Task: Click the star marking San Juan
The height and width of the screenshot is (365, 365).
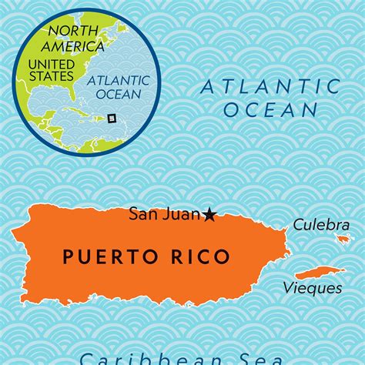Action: [x=209, y=215]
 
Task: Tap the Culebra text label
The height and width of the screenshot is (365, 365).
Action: [x=316, y=225]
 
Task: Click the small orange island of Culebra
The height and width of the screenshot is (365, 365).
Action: [x=343, y=239]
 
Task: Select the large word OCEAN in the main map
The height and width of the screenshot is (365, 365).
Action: [x=271, y=109]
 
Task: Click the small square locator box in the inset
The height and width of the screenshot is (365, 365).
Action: [x=111, y=118]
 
